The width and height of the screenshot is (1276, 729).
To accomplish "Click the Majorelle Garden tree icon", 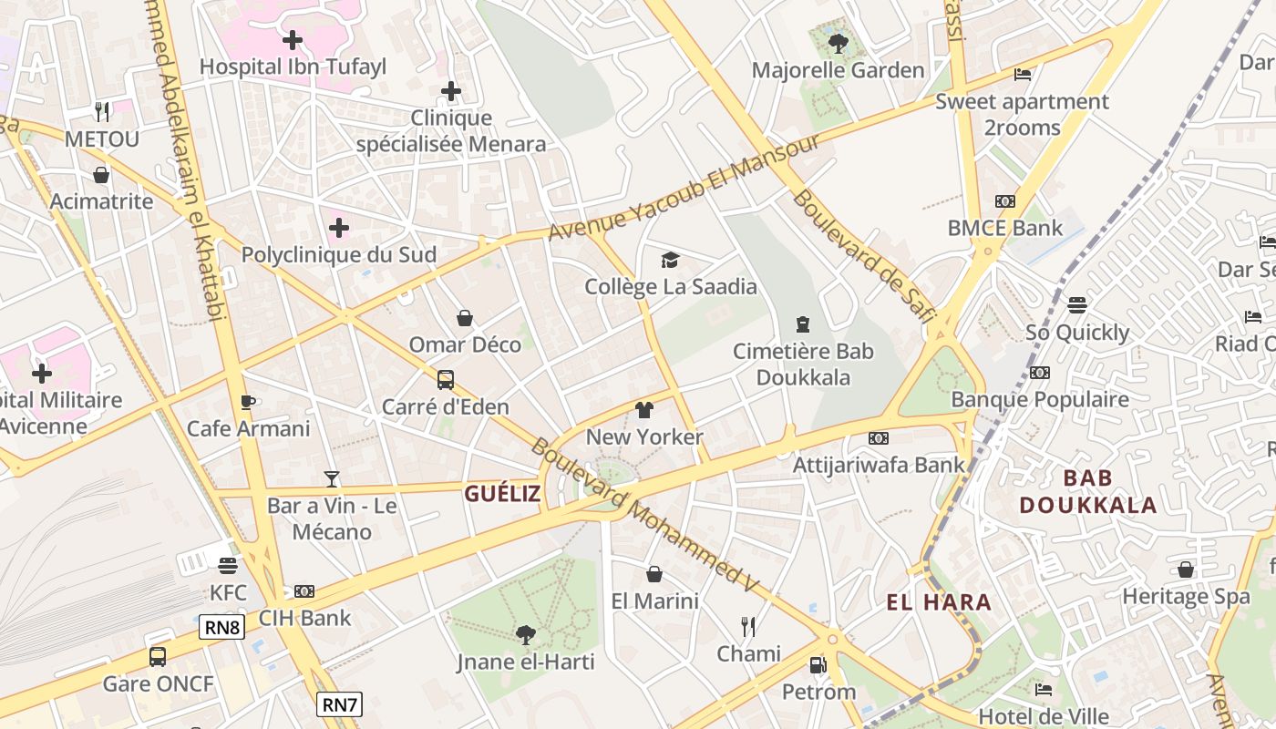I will point(838,42).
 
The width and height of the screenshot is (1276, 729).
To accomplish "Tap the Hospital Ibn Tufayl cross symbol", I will point(293,40).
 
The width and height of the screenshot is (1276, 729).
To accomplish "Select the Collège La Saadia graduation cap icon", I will point(671,261).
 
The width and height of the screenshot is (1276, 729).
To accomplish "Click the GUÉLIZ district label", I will point(502,494).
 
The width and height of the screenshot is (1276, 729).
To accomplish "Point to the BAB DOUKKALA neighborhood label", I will point(1087,491).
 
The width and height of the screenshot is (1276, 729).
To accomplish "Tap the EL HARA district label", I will point(939,601).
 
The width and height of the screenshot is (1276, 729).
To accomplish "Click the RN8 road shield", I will point(222,627).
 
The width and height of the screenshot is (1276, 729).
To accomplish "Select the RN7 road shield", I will point(340,704).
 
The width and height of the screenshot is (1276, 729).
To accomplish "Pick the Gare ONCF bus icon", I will point(158,657).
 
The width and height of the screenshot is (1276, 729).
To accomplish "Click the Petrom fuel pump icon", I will point(818,665).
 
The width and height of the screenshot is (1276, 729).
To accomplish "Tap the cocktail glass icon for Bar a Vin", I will point(332,478).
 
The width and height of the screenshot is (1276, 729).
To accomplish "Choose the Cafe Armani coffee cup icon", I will point(248,402).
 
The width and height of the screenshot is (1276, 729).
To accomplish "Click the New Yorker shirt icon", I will point(644,410).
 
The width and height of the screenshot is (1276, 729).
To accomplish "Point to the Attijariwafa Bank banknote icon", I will point(878,438).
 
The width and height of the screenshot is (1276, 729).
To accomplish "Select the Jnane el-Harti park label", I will point(525,662).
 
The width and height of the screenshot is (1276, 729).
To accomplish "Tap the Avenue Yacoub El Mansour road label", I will point(684,188).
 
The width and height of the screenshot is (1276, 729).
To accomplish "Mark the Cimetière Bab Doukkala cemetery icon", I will point(803,324).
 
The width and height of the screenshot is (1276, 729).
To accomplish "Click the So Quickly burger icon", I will point(1077,305).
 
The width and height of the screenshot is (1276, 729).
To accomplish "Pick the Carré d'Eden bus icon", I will point(446,380).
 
